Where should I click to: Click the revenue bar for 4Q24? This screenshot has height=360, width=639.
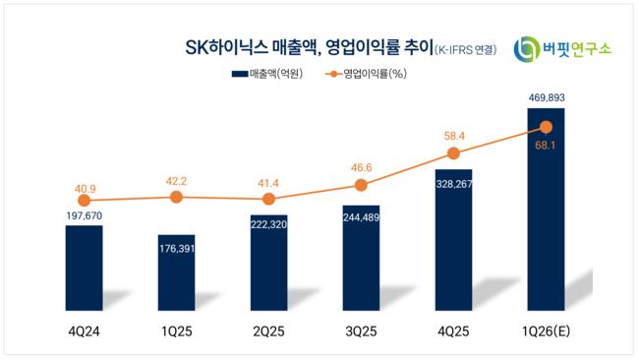click(84, 268)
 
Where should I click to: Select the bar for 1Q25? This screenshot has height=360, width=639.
click(176, 272)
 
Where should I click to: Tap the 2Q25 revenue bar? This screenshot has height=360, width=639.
click(269, 263)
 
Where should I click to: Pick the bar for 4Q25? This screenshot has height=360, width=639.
click(453, 240)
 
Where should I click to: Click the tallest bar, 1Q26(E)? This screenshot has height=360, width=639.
click(546, 210)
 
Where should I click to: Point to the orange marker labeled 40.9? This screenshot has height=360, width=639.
click(84, 201)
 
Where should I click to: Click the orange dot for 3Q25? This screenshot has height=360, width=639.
click(361, 186)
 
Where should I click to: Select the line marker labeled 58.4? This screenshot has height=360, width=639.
click(453, 153)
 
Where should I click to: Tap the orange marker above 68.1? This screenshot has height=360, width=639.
click(546, 128)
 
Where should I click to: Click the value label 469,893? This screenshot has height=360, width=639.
click(546, 97)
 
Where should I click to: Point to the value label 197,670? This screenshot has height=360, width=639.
click(85, 215)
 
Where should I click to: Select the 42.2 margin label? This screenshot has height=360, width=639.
click(176, 181)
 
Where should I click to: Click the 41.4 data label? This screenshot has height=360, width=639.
click(268, 184)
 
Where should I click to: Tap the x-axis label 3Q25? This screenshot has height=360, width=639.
click(361, 331)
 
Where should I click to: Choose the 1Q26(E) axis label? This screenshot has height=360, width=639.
click(546, 331)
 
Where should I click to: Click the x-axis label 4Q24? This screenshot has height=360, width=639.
click(84, 331)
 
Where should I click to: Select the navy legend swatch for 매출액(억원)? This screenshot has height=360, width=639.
click(240, 74)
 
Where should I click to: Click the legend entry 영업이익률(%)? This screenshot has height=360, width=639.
click(367, 74)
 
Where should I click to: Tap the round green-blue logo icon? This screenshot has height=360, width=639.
click(526, 49)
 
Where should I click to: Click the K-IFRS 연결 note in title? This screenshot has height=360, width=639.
click(466, 50)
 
